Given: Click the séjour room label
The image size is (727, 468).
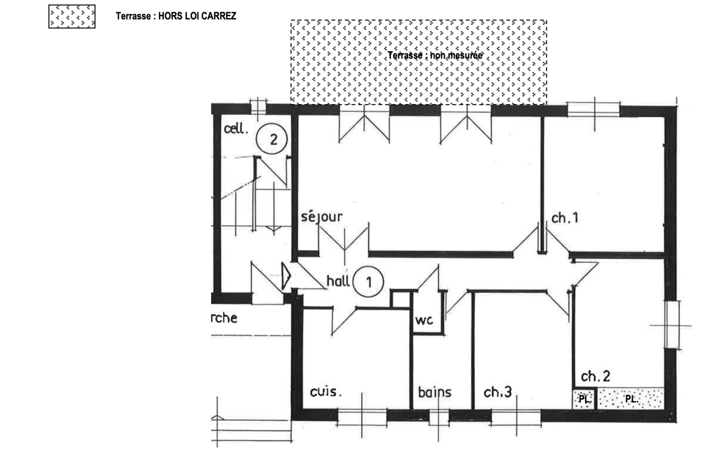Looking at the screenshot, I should pos(321,217).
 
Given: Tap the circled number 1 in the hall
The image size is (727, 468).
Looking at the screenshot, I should pos(368,282).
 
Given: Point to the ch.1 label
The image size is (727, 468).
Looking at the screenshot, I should pos(564,218).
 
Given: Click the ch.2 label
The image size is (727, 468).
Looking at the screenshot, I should pos(595,376).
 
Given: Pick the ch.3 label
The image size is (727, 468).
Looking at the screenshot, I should pos(498,392).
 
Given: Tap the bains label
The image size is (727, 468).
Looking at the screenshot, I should pos(435,393).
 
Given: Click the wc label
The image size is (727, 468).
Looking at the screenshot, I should pos(424,320).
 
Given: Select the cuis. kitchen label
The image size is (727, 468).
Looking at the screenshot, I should pos(326,392).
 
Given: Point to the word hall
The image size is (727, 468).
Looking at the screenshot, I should pos(338,281).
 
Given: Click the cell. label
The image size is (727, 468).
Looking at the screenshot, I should pos(236,129).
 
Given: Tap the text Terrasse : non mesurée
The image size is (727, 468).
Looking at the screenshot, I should pos(435,55).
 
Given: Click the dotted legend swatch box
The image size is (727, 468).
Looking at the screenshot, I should pos(72,17).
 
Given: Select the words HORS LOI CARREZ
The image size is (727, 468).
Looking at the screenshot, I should pos(197,16).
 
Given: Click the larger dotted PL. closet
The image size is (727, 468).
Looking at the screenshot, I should pos(631,399).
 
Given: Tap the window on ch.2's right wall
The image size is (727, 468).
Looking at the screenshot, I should pos(671,325).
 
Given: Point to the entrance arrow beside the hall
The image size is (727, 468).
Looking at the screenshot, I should pos(285,276).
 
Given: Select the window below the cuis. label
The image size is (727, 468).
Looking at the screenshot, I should pos(362,416).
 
